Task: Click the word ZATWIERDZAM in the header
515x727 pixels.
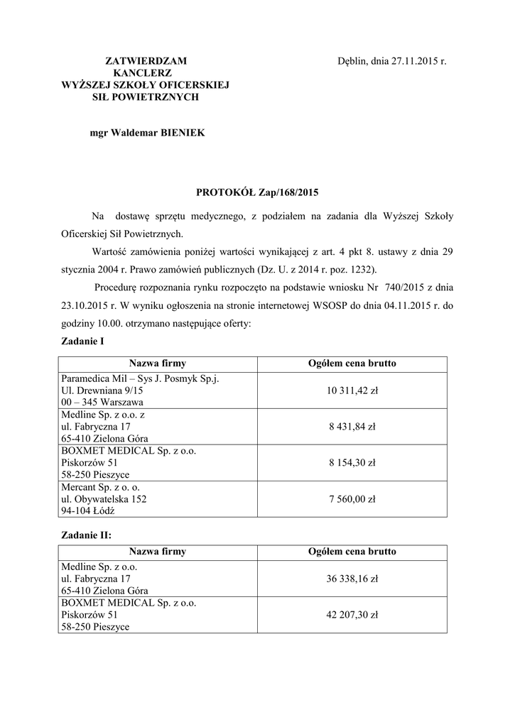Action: coord(146,62)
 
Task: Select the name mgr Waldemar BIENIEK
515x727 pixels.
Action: coord(147,133)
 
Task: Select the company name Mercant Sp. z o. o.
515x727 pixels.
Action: coord(101,487)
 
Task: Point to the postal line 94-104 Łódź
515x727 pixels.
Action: coord(89,511)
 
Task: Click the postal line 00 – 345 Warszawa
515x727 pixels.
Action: coord(102,403)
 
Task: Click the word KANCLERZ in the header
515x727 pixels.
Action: coord(146,73)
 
